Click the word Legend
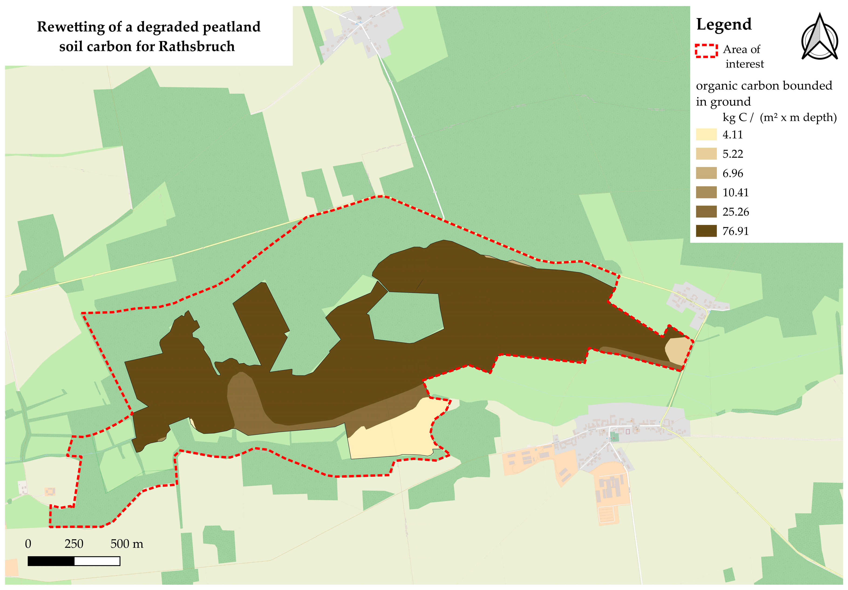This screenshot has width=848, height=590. coord(724,25)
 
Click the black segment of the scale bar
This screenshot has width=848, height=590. coord(51,561)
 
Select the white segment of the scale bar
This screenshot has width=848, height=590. coord(97,561)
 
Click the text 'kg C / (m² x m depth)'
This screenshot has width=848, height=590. coord(779,117)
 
